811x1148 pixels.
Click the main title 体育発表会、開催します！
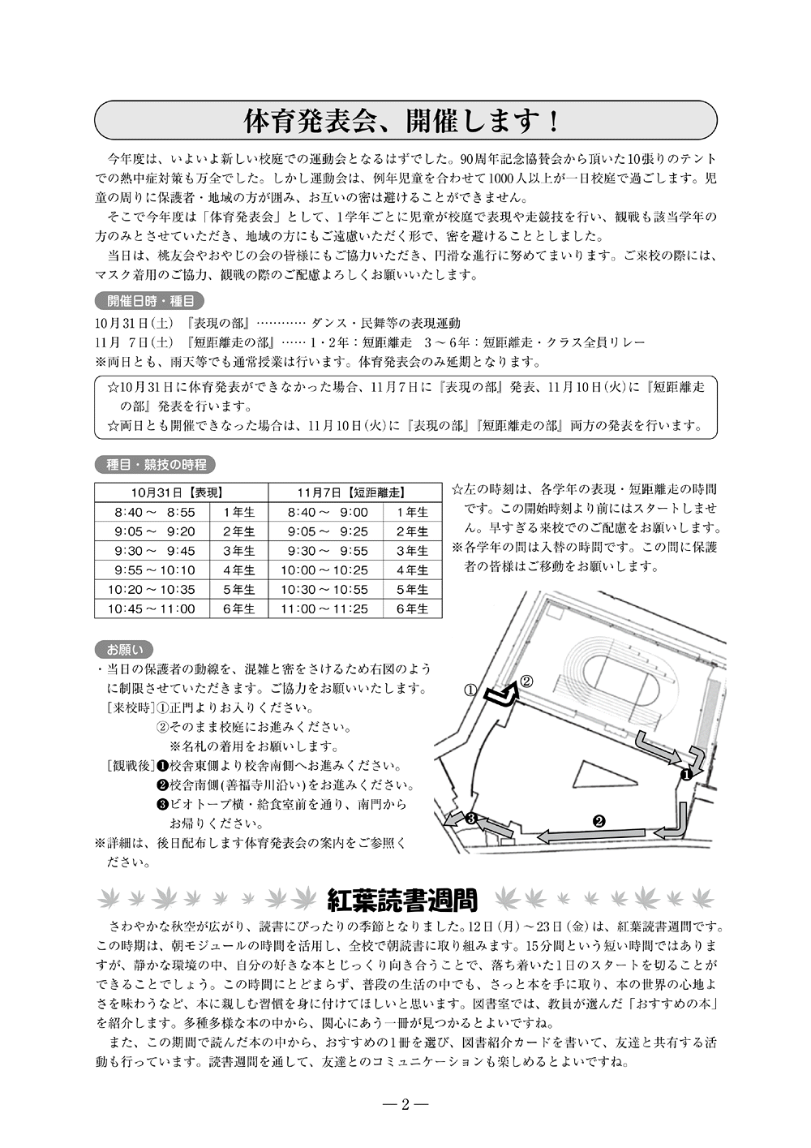[x=403, y=121]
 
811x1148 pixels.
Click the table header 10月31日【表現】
[x=181, y=492]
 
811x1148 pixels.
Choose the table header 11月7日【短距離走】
[x=354, y=492]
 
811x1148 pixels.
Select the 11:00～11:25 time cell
[x=324, y=608]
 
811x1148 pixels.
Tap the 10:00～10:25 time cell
[x=324, y=570]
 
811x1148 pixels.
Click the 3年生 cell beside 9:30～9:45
[x=239, y=551]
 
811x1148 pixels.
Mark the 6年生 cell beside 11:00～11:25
[x=412, y=608]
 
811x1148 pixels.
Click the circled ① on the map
[x=470, y=690]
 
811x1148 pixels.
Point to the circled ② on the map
[x=526, y=681]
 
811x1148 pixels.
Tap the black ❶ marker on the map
[x=684, y=774]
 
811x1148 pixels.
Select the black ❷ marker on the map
[x=599, y=820]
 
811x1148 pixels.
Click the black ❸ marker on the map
[x=470, y=818]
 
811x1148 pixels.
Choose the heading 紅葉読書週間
[x=402, y=899]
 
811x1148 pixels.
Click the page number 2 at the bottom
[x=405, y=1104]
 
